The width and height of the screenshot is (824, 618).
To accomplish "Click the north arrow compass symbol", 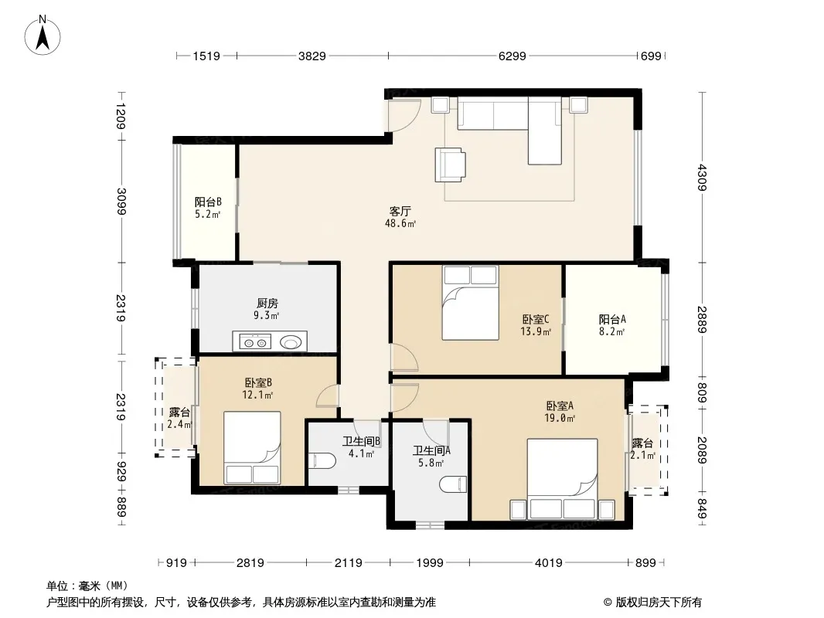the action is click(43, 36).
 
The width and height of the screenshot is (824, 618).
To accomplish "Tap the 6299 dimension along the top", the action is click(512, 56).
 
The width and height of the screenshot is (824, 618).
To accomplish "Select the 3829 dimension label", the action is click(312, 56).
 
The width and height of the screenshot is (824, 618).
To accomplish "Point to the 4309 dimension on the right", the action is click(703, 178).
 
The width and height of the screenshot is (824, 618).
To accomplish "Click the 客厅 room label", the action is click(400, 211).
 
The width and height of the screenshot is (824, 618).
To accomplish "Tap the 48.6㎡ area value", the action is click(400, 224).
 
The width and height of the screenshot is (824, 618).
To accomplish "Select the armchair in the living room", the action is click(451, 165).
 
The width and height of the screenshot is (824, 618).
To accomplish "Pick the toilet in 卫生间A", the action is click(452, 484).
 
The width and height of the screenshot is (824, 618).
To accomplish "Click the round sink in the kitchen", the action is click(290, 343).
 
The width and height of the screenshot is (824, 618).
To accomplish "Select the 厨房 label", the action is click(267, 303).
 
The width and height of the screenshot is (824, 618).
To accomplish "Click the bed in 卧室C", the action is click(470, 303).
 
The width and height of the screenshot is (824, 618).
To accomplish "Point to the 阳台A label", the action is click(613, 319).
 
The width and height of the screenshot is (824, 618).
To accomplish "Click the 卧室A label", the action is click(560, 406).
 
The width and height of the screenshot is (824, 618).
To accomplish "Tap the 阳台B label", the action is click(208, 202).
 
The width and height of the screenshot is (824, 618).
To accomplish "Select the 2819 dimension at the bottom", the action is click(250, 563).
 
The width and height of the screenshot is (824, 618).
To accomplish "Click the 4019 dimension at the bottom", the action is click(549, 563).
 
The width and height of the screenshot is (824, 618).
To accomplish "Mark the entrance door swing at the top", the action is click(403, 114).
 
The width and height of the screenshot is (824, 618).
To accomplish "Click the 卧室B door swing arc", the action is click(326, 396).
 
